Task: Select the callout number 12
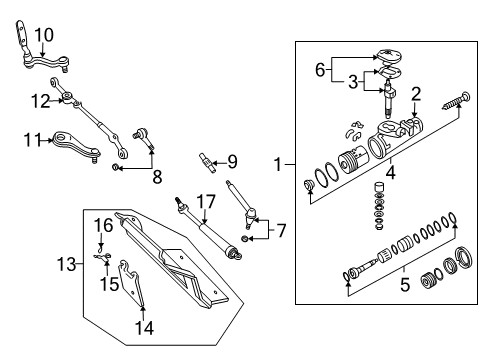[x=39, y=100]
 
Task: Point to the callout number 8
[x=155, y=177]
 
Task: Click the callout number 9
[x=232, y=160]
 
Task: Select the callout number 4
[x=391, y=172]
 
